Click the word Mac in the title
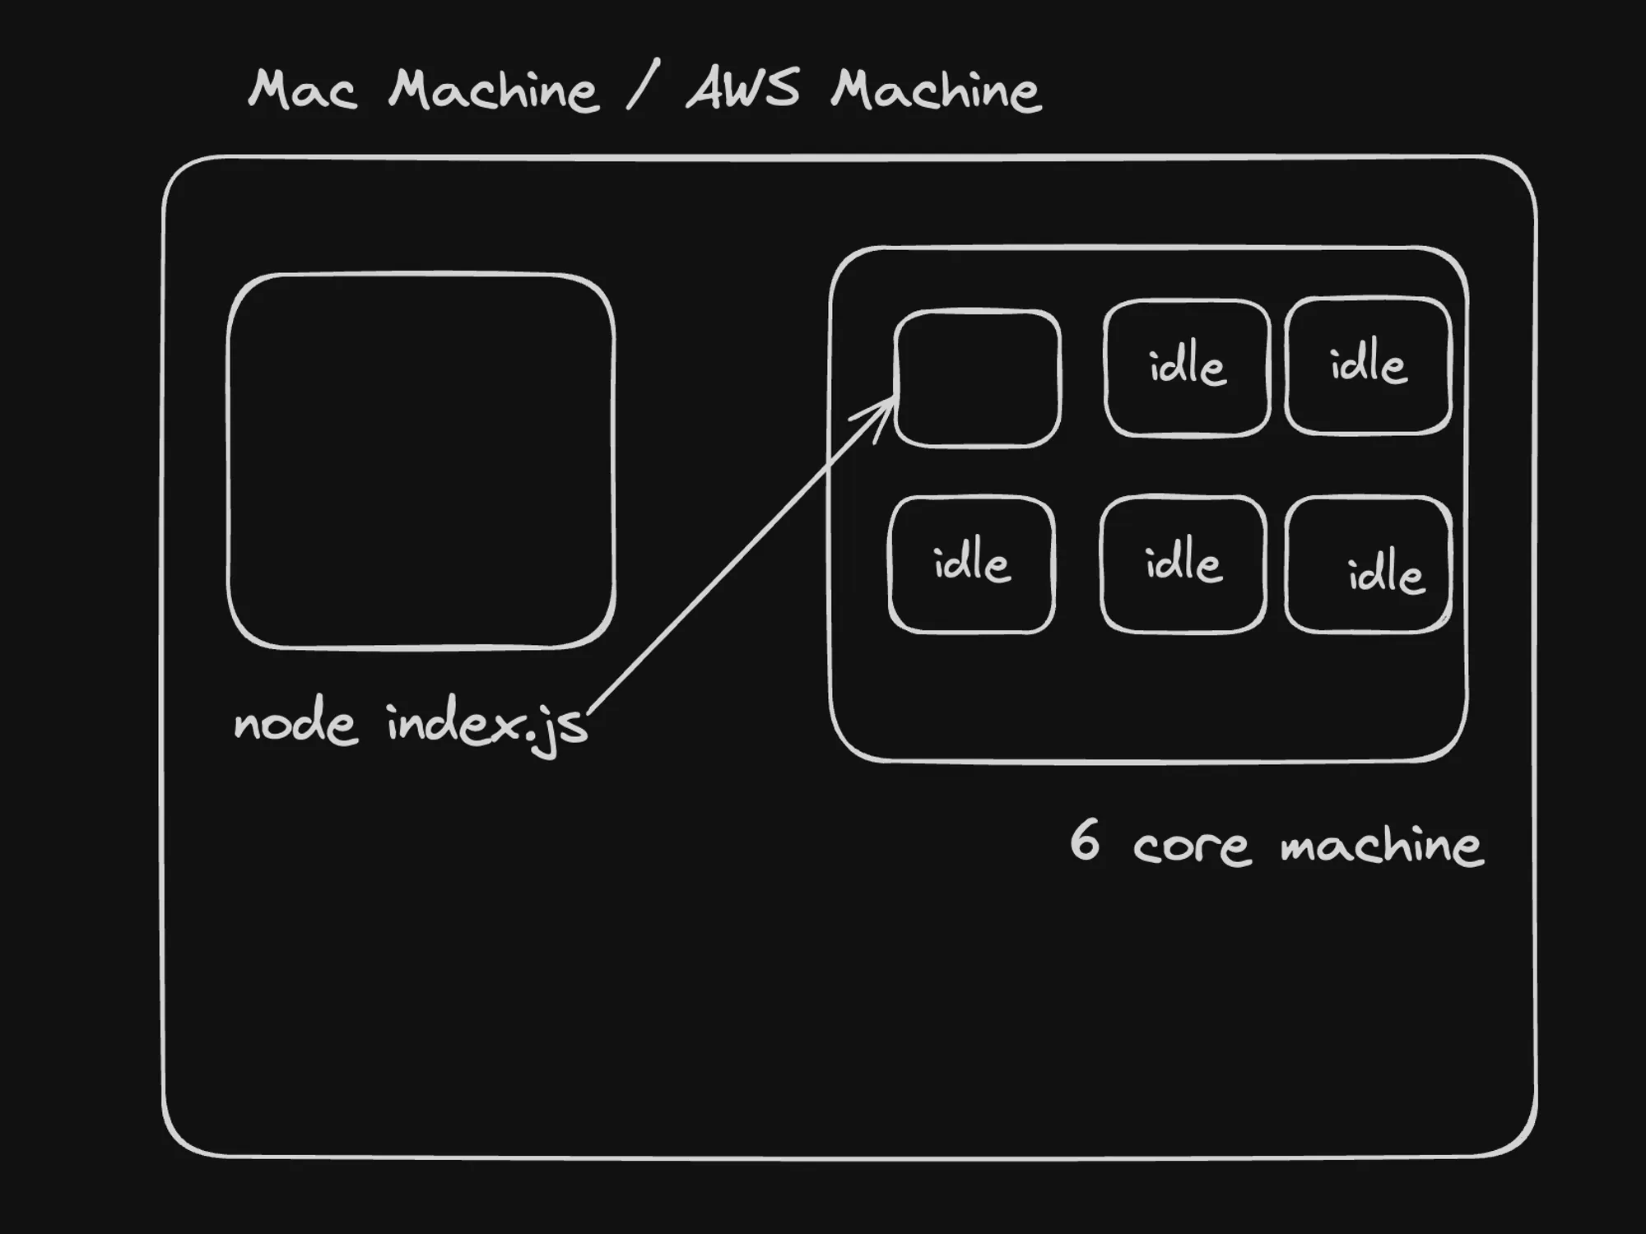[302, 90]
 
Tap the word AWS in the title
[742, 89]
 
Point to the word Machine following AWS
[936, 90]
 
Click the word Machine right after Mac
[493, 90]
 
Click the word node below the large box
[295, 725]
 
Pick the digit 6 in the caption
[1084, 840]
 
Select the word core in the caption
[1191, 846]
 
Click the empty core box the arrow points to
[977, 378]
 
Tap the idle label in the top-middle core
[1187, 365]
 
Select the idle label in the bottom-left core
[971, 564]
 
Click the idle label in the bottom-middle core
[1183, 564]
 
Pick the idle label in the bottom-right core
[1385, 571]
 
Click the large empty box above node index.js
[421, 461]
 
